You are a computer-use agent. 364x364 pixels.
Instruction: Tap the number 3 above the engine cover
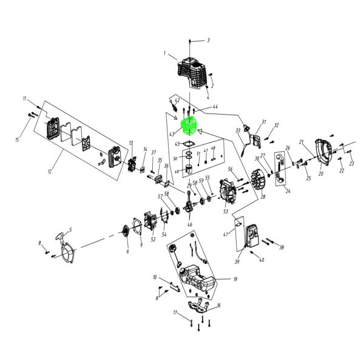point(208,41)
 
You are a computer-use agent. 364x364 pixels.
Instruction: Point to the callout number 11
point(24,98)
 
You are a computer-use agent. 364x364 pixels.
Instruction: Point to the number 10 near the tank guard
point(155,277)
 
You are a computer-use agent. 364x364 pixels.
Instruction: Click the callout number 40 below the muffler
point(261,260)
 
